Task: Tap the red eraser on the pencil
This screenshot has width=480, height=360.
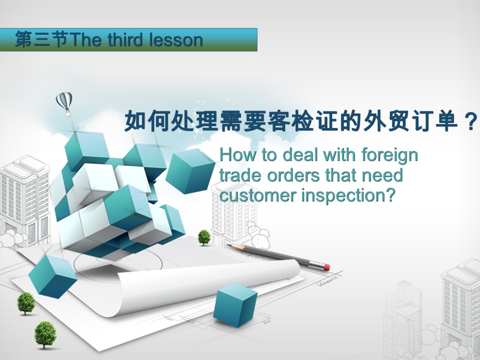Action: click(326, 267)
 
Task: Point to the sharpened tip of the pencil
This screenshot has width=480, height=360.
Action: click(228, 245)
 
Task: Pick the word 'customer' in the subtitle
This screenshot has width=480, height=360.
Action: click(258, 195)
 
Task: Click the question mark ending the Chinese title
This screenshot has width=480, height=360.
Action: click(471, 121)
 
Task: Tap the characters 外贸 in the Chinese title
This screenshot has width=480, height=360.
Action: click(386, 121)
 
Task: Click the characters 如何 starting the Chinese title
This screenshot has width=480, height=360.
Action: click(147, 121)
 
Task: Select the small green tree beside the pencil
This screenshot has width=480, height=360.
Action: click(204, 237)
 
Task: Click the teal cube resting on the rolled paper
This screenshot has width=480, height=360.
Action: click(235, 305)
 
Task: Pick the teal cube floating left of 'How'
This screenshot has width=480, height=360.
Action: click(190, 171)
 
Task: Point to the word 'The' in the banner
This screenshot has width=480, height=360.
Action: click(85, 40)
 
